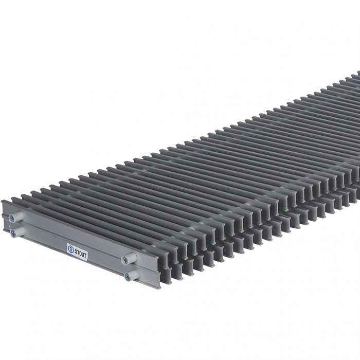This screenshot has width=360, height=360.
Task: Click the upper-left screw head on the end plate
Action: (12, 219)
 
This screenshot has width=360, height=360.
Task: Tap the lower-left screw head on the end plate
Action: (13, 233)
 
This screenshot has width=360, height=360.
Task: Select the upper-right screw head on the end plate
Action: (124, 260)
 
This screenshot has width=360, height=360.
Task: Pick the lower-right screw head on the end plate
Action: (128, 277)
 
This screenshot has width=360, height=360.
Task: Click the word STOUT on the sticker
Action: (81, 254)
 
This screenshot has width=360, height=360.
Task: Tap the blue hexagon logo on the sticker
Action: (71, 249)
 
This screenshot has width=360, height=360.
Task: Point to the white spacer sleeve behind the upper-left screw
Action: (19, 215)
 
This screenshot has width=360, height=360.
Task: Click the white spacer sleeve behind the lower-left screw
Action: (21, 231)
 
